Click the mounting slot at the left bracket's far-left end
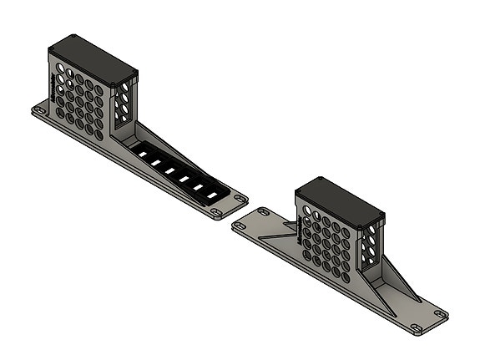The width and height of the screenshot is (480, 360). (39, 109)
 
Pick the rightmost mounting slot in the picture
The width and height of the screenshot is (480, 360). (439, 314)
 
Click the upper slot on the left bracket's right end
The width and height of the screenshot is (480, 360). (240, 198)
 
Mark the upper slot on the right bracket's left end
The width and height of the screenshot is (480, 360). (262, 211)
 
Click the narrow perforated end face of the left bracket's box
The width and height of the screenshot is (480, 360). (124, 104)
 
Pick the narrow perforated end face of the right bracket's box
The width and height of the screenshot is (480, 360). (370, 246)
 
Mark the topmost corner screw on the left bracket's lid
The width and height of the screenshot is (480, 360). (73, 37)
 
